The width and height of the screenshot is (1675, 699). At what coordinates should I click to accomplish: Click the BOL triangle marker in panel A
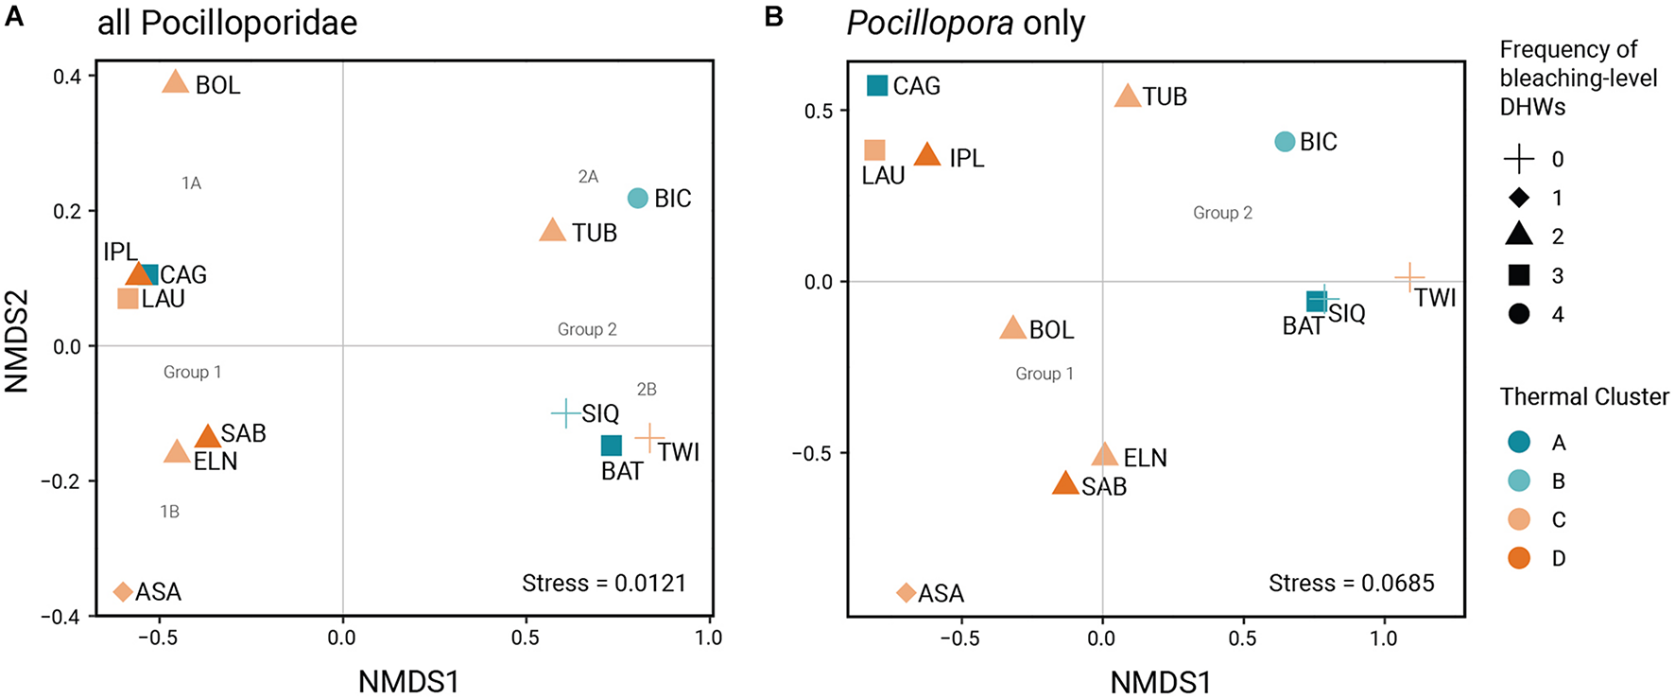(176, 82)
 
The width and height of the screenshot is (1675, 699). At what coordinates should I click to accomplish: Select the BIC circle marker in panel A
(638, 198)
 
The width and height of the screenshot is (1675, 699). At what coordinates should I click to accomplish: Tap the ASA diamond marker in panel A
(122, 592)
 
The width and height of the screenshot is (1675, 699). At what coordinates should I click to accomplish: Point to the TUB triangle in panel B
(1128, 96)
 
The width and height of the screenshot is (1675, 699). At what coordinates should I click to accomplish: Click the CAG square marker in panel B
(877, 85)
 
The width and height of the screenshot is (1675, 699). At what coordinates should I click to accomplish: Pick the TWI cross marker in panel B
(1409, 278)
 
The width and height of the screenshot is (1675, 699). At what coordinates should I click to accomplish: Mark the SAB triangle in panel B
(1065, 484)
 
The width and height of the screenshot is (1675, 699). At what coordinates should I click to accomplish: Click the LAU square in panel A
(128, 299)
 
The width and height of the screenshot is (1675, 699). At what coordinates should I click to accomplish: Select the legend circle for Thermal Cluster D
(1519, 558)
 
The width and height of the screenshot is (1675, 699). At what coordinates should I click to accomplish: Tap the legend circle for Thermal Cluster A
(1519, 442)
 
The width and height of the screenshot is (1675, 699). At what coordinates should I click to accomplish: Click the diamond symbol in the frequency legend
(1519, 198)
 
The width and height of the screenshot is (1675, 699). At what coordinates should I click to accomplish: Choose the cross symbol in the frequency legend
(1519, 159)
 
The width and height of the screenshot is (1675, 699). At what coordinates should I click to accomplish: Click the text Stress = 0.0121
(604, 583)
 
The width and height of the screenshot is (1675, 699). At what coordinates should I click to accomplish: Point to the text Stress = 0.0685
(1351, 583)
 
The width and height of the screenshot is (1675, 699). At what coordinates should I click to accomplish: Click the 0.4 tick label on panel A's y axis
(67, 76)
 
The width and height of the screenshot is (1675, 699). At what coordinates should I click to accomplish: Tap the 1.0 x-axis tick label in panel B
(1384, 638)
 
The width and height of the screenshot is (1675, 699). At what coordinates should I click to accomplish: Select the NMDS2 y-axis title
(18, 341)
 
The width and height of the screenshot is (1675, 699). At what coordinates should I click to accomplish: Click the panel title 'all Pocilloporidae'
(228, 23)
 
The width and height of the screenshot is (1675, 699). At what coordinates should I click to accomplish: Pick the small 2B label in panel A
(647, 389)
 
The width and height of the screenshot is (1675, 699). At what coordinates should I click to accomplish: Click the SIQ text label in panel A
(600, 413)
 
